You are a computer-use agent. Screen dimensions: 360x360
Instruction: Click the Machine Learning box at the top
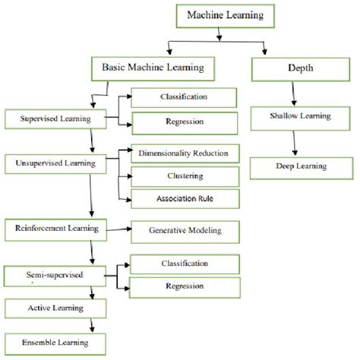(219, 15)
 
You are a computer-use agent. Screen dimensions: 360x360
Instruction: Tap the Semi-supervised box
(47, 273)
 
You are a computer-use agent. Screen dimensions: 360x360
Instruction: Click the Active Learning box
(47, 308)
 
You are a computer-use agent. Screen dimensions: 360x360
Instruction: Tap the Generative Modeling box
(185, 229)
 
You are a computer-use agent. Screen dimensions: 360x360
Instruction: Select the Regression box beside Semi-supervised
(185, 287)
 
